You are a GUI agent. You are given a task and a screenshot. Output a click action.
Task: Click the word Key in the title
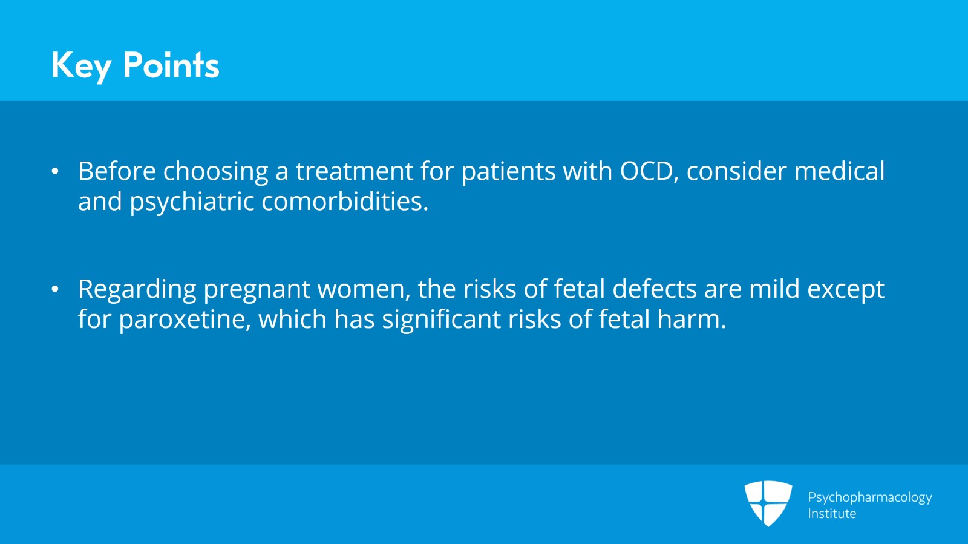click(81, 65)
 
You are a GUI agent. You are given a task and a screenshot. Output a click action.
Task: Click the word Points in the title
click(171, 65)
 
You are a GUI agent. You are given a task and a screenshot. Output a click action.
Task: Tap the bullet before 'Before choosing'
click(55, 172)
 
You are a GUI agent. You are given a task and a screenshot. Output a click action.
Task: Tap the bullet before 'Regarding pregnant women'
click(55, 290)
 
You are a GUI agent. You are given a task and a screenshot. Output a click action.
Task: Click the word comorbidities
click(344, 202)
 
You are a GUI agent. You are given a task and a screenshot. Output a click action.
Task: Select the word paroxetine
click(185, 320)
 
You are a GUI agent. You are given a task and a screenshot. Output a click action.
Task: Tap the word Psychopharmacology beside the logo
click(869, 497)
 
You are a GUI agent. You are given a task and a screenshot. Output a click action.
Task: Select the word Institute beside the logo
click(832, 514)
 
